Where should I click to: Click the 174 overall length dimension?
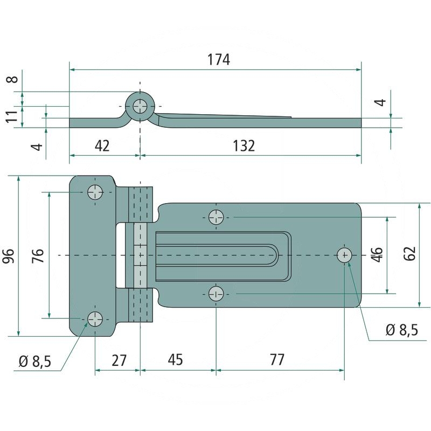[219, 59]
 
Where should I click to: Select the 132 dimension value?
[244, 146]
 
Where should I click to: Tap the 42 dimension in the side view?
[102, 145]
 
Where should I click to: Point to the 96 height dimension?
[8, 256]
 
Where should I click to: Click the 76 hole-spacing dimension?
[38, 255]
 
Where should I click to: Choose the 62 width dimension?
[410, 253]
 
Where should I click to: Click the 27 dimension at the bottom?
[119, 360]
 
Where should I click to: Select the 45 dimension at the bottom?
[176, 360]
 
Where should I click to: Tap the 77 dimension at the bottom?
[277, 360]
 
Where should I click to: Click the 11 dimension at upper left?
[12, 116]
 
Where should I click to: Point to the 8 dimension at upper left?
[13, 79]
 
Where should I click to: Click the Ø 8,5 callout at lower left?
[35, 361]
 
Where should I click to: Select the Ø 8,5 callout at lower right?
[402, 330]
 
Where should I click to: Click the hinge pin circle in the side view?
[140, 106]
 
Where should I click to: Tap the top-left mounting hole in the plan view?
[95, 192]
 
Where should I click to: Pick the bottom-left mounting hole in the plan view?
[95, 319]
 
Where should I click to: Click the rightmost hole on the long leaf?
[344, 255]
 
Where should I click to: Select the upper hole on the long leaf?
[216, 217]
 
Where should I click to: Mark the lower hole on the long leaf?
[216, 294]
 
